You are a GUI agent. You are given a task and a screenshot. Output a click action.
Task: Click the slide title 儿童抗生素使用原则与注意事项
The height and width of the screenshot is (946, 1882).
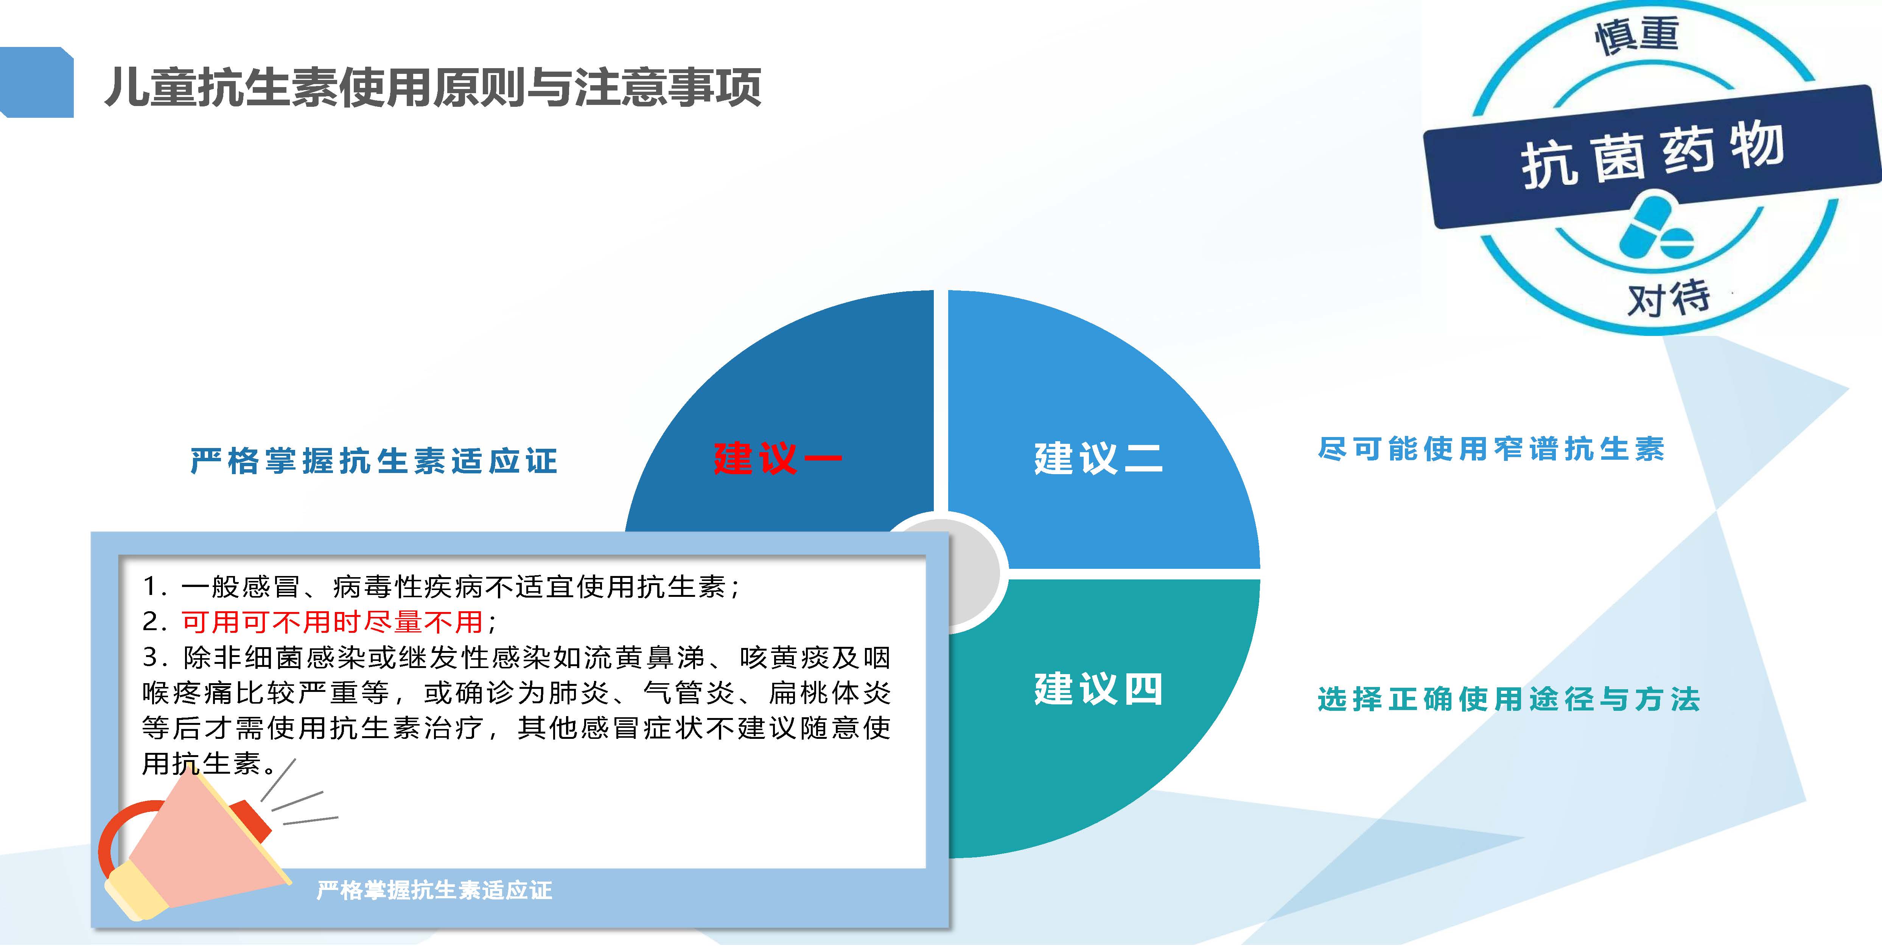click(x=432, y=87)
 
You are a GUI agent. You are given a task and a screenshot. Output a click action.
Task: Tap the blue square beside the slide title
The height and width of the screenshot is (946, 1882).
click(x=37, y=82)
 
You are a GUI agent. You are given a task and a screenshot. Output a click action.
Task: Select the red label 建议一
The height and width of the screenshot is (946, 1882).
click(x=777, y=458)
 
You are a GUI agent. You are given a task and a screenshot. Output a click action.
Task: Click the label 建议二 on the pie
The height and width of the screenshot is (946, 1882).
click(x=1098, y=458)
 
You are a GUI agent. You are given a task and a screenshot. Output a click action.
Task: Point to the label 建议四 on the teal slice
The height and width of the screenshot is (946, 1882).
click(x=1098, y=688)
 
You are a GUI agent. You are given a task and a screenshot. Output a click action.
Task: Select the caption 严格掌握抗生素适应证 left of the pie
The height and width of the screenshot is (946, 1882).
click(x=374, y=461)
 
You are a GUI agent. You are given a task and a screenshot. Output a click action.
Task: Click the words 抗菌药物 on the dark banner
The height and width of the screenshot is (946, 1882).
click(x=1653, y=155)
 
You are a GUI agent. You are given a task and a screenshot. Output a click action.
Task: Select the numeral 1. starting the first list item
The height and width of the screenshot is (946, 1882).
click(x=155, y=586)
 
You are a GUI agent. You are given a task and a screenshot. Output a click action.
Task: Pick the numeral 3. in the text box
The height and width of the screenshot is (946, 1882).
click(x=155, y=657)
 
